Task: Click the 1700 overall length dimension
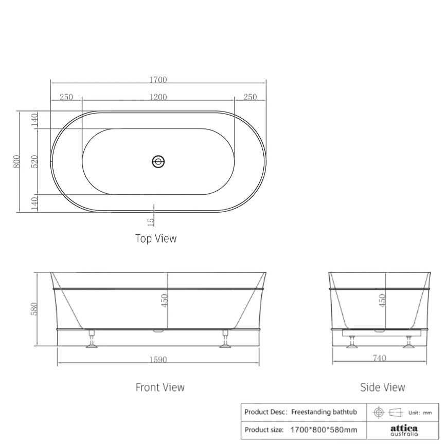[158, 80]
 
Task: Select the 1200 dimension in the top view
[158, 98]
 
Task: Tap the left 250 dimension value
[66, 98]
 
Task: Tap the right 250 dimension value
[250, 98]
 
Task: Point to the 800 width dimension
[16, 161]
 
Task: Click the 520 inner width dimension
[35, 161]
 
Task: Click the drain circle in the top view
[158, 162]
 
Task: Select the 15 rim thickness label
[150, 222]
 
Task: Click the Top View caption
[156, 238]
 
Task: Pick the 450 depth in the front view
[165, 300]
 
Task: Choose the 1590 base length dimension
[158, 359]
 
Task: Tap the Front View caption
[159, 387]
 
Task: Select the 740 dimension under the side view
[379, 358]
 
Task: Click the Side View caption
[382, 387]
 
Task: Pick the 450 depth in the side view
[382, 300]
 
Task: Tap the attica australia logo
[404, 430]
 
